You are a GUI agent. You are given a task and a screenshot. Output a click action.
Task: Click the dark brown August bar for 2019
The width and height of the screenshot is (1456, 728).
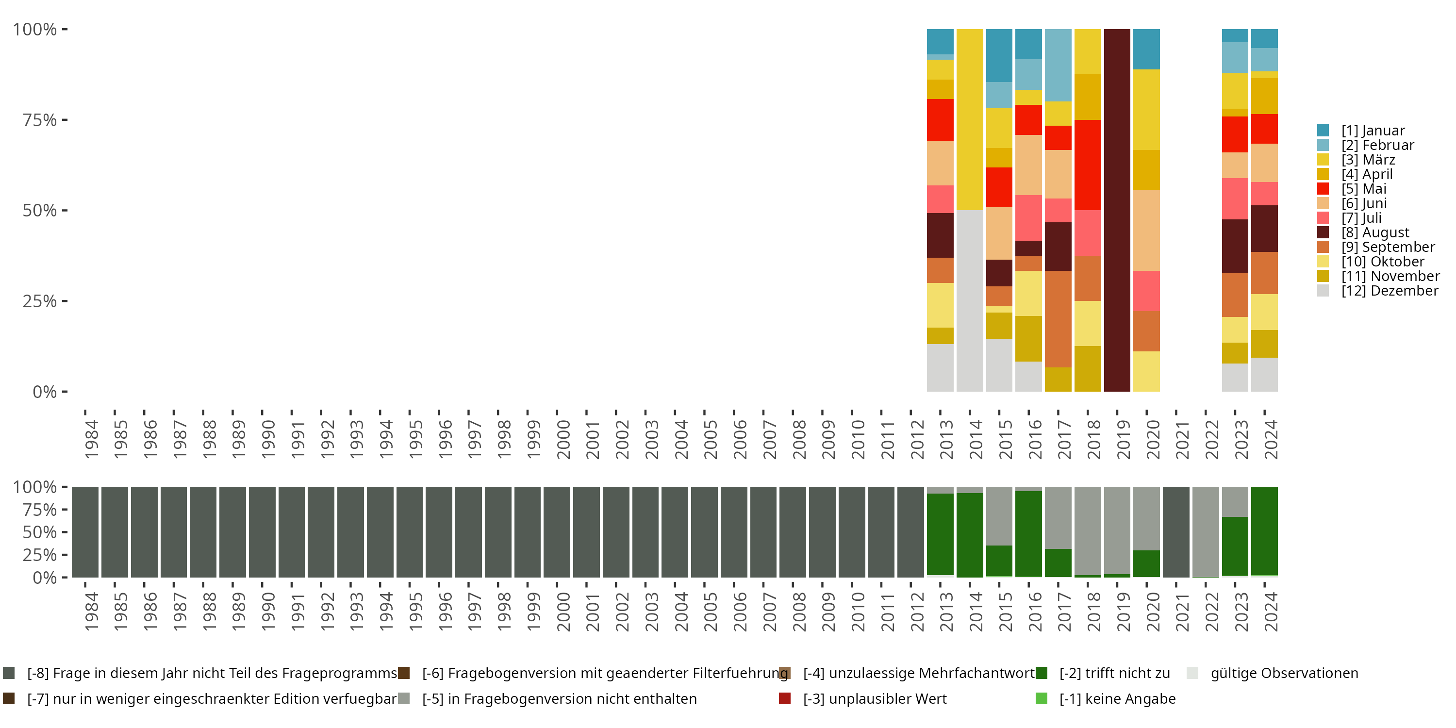(1117, 210)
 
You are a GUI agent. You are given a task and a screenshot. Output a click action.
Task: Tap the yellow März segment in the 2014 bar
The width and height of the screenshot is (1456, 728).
(969, 119)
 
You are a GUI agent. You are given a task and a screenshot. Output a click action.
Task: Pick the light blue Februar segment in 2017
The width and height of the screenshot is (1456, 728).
(1058, 65)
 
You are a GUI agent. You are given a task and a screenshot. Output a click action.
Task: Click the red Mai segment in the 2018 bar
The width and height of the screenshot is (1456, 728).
(1088, 165)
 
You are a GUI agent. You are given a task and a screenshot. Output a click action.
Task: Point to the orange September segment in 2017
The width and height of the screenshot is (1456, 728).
(1058, 319)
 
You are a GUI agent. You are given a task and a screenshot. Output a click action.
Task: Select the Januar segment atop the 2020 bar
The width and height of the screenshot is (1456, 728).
(1146, 49)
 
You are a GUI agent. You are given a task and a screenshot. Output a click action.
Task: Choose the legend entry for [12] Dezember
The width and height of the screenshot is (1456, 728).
(1390, 291)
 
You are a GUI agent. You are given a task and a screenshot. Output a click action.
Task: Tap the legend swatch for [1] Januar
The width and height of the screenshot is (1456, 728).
(1323, 131)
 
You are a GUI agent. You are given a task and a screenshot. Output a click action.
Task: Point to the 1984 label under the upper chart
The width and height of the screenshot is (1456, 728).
(91, 439)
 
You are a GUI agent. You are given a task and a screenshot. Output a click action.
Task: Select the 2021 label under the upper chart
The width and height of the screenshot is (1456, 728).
(1182, 439)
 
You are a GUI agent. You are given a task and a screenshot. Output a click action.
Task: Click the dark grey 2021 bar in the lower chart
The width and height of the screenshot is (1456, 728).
(1175, 532)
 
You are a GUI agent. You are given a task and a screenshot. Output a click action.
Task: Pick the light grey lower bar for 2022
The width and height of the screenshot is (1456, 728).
(1205, 532)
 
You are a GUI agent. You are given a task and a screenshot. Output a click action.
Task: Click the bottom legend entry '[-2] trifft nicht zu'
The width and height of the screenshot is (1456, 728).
(1114, 673)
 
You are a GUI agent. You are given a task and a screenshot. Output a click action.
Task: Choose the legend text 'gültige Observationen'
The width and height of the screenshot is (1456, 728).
(1284, 673)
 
